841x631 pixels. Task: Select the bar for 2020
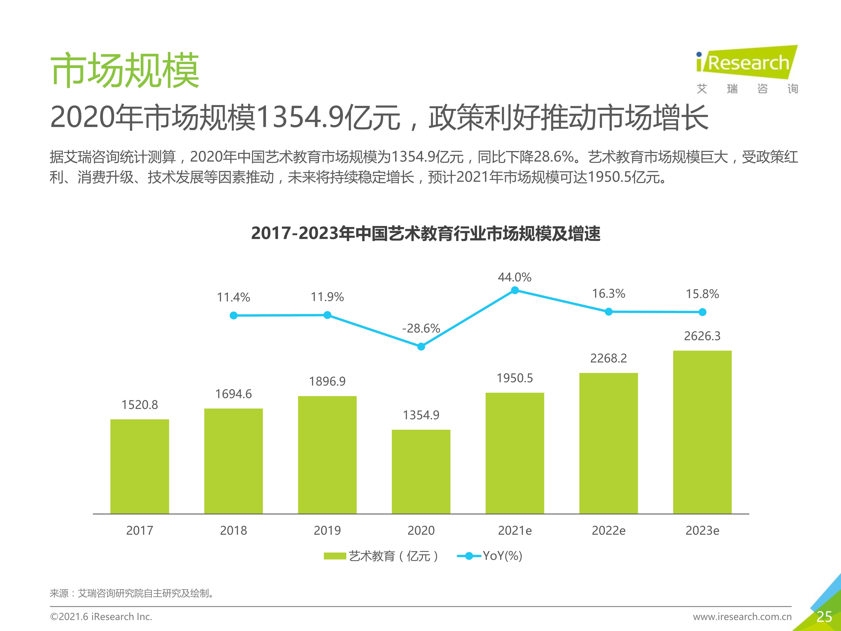click(421, 472)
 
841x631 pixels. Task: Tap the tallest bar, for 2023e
click(702, 432)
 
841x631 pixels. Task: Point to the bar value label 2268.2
click(608, 358)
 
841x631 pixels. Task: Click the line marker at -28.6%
click(421, 346)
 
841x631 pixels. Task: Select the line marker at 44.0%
click(515, 291)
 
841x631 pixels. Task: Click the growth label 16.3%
click(608, 294)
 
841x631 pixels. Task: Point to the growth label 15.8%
click(702, 294)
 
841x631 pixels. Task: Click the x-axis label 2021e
click(515, 530)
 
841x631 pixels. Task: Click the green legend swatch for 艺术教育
click(335, 556)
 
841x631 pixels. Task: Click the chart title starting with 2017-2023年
click(426, 233)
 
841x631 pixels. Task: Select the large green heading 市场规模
click(125, 70)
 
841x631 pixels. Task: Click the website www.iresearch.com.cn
click(742, 617)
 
